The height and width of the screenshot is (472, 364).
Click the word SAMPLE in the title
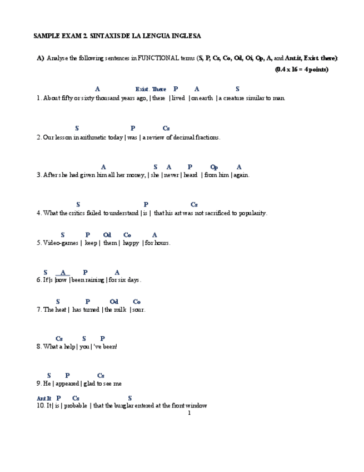47,36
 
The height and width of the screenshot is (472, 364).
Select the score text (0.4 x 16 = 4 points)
301,70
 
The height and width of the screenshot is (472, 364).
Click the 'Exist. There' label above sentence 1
151,89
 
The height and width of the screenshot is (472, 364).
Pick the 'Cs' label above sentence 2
166,129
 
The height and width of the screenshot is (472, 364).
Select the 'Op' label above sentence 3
214,167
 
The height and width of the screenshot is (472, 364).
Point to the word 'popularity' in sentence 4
252,213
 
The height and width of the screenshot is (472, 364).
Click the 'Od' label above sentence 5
107,235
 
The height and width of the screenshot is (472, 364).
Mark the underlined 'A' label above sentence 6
63,272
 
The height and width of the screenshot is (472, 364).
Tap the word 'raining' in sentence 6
94,280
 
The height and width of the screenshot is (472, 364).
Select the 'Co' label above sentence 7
137,302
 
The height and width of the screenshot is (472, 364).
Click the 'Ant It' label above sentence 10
44,399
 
